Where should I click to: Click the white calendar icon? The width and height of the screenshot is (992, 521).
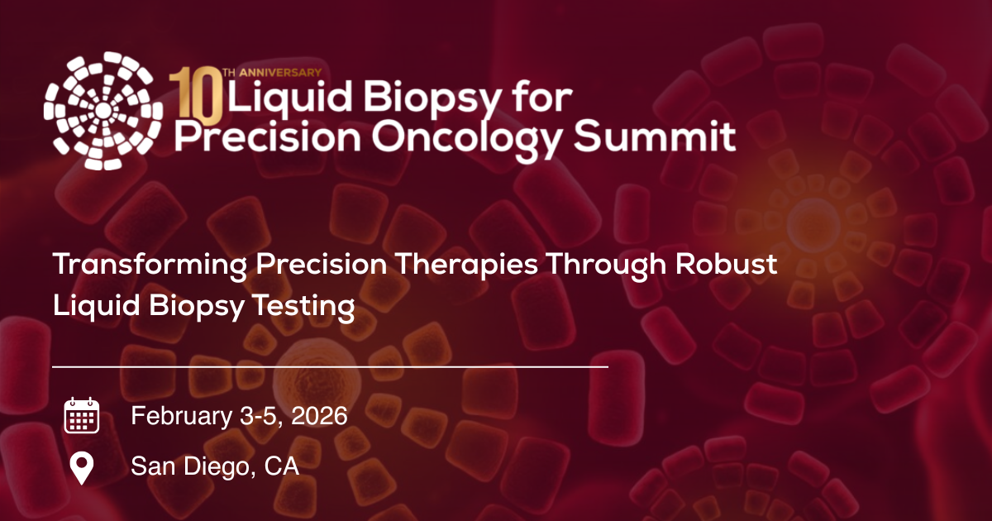click(81, 415)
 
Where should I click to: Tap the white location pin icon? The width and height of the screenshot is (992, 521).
click(81, 468)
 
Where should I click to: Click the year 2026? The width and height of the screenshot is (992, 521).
click(318, 415)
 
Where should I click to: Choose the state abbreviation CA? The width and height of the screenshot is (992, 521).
click(282, 466)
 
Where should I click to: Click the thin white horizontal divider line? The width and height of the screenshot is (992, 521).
click(331, 366)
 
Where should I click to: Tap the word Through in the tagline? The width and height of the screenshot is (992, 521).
click(613, 265)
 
